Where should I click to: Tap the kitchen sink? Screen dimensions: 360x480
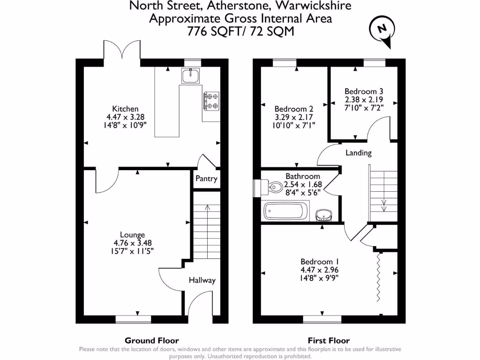[191, 75]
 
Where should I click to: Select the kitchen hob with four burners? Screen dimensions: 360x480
[211, 101]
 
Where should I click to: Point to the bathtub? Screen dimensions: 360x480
[286, 211]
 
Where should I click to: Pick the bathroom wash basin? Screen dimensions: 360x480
[324, 215]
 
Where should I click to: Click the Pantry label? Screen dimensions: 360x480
[206, 179]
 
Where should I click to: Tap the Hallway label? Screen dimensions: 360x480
[202, 280]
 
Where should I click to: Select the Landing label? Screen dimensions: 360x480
[359, 152]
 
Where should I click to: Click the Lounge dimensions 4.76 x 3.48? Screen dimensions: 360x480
[133, 243]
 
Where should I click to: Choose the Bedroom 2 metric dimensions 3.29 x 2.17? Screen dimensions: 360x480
[293, 117]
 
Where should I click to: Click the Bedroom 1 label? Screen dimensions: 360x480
[319, 262]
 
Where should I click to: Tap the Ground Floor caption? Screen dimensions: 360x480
[151, 341]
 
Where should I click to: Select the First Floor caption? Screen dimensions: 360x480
[329, 341]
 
